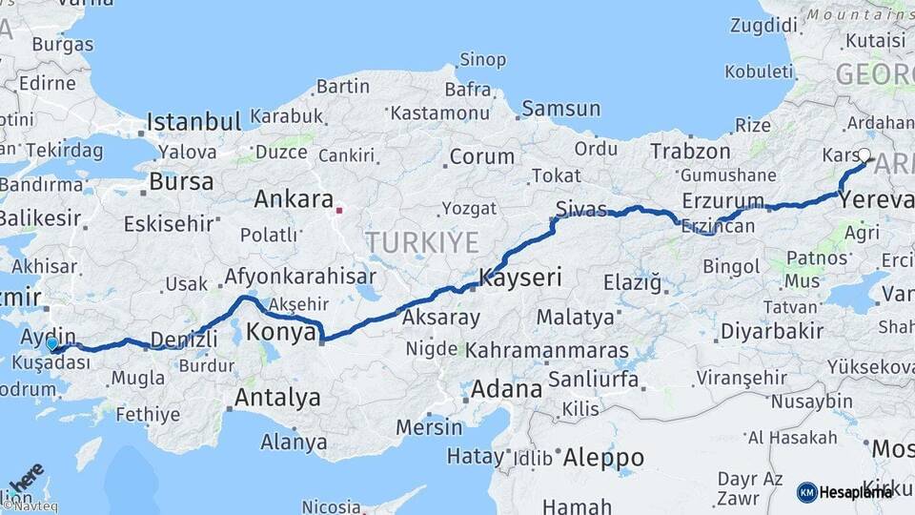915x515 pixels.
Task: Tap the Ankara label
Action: click(292, 200)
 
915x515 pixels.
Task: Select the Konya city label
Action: click(281, 332)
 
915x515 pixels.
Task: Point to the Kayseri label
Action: click(520, 278)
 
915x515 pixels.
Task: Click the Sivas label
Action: click(581, 209)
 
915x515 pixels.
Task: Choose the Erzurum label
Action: click(722, 201)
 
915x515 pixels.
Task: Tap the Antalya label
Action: click(277, 398)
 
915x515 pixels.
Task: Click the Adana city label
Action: click(507, 389)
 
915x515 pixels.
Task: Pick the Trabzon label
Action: click(691, 151)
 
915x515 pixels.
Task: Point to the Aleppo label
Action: click(603, 458)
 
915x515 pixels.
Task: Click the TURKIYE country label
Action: click(422, 242)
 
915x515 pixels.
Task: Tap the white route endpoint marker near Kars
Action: click(864, 155)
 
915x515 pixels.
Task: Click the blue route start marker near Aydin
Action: click(52, 343)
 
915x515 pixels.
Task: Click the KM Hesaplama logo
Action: click(844, 492)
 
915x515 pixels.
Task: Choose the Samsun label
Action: click(561, 110)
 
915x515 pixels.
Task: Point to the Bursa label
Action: click(181, 181)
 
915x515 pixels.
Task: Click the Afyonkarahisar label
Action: click(296, 278)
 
